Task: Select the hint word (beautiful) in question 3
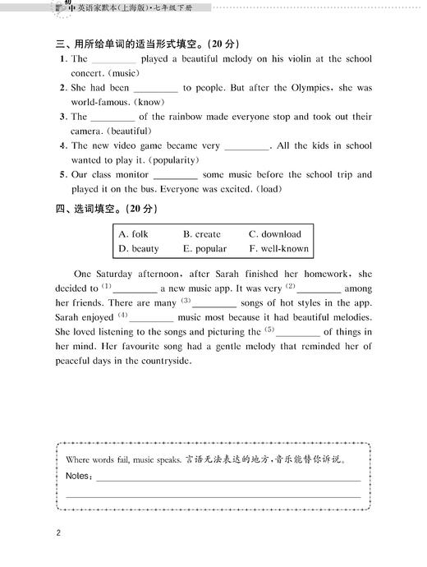[127, 131]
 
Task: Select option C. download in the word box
[275, 234]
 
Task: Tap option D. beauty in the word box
[139, 248]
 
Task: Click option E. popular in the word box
[205, 248]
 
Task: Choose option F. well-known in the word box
[279, 248]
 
